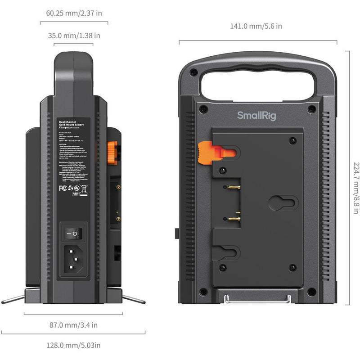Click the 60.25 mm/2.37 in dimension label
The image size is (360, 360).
click(x=74, y=13)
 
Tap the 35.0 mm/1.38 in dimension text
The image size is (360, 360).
click(x=74, y=35)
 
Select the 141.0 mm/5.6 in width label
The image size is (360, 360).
click(x=256, y=26)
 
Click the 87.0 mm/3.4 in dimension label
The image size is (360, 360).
click(x=74, y=324)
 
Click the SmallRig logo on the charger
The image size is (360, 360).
click(x=256, y=116)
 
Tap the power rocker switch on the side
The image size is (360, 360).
click(x=72, y=234)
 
